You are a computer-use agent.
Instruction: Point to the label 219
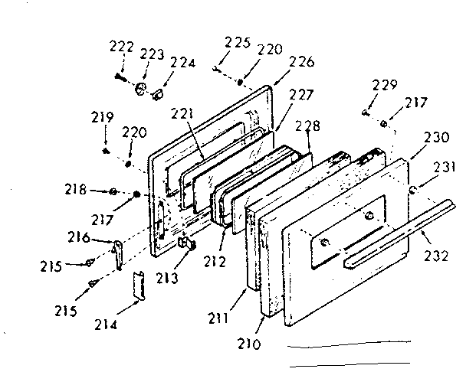point(103,118)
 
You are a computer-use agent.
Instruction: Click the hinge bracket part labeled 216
point(118,253)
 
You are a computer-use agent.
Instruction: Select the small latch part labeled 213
point(185,244)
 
